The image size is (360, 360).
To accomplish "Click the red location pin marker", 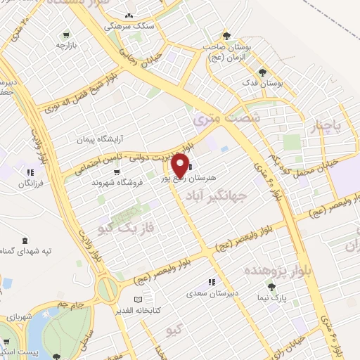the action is pos(179,166).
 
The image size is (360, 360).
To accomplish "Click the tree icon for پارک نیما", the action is pos(272,286).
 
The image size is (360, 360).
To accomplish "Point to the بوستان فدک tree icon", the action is pos(262,72).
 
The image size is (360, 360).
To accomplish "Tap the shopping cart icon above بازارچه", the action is pos(65,34).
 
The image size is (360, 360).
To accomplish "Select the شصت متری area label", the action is pos(225,120).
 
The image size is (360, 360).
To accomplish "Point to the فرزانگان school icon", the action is pos(30,172).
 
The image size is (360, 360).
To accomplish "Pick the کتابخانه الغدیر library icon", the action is pos(138,299).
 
